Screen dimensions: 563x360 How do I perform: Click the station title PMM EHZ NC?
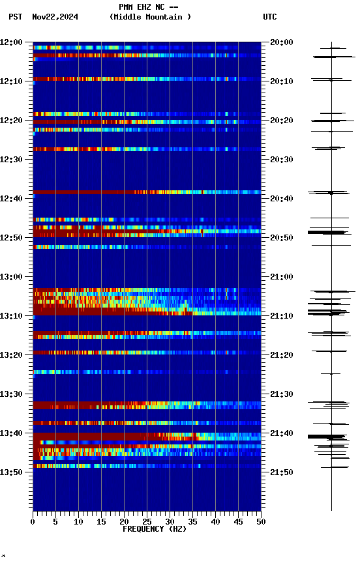[149, 7]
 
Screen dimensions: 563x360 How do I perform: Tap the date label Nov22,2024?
[55, 17]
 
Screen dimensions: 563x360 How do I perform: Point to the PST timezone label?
[15, 17]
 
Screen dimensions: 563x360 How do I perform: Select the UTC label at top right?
[270, 17]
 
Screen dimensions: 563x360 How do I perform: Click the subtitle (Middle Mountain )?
[151, 17]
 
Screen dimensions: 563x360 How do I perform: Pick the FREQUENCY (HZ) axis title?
[147, 529]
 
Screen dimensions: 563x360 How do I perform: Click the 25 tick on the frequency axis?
[147, 521]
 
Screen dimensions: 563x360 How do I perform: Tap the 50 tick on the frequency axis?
[261, 521]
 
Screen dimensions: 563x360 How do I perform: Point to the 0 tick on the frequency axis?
[33, 521]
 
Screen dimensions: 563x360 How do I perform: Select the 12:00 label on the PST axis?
[11, 42]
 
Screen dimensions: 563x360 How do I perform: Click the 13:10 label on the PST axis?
[11, 316]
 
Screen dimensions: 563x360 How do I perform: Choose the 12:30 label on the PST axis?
[11, 160]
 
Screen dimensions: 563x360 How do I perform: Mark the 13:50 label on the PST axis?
[11, 472]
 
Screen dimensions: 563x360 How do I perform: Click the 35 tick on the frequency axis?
[192, 521]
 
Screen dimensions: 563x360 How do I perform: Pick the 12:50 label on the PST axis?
[11, 238]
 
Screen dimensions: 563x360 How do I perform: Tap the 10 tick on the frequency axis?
[78, 521]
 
